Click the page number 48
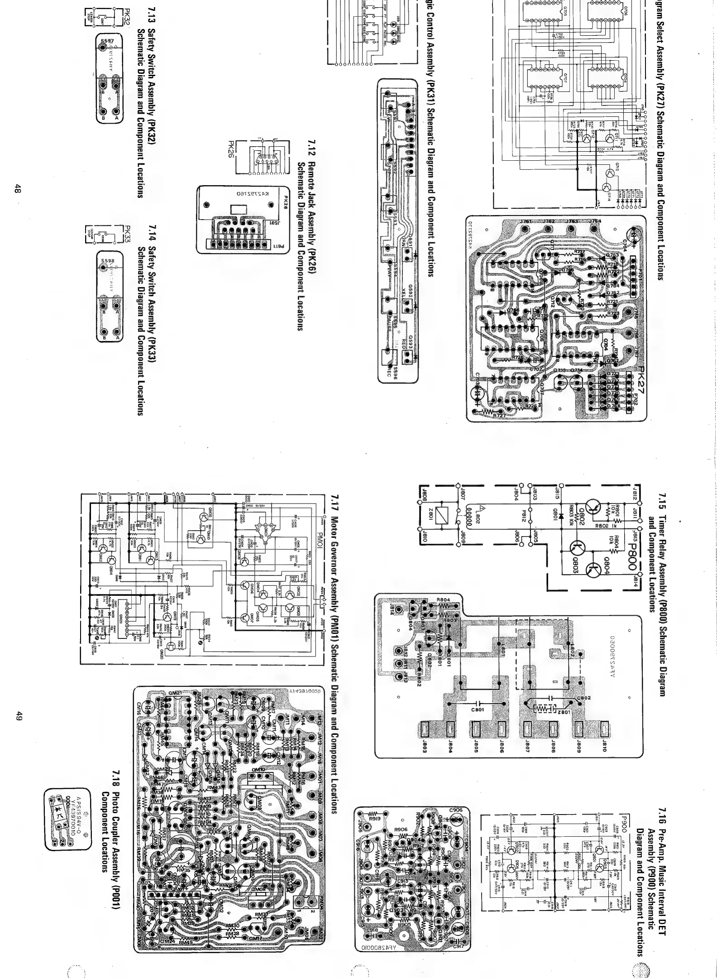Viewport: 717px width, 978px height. pyautogui.click(x=17, y=189)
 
